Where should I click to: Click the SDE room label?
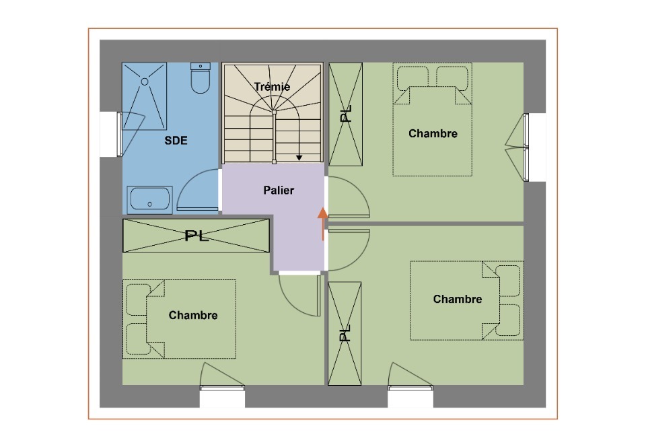176,141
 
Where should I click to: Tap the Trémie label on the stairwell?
272,87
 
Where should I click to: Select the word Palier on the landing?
279,191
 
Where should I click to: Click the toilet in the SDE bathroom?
201,78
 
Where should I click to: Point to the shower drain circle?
145,81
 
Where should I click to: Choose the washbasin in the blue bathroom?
149,200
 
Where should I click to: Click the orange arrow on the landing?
323,224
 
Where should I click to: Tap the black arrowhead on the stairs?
299,158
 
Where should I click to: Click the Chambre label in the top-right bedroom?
433,133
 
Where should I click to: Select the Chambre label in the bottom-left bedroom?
193,315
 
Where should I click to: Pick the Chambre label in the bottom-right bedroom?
458,299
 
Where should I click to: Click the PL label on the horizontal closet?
196,236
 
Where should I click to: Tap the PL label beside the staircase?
346,114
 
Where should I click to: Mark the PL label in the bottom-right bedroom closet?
345,333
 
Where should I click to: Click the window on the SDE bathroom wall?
120,135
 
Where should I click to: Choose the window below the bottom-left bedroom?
222,387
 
